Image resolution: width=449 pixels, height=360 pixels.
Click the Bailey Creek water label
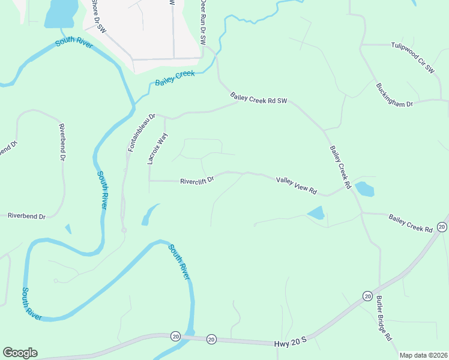pyautogui.click(x=175, y=79)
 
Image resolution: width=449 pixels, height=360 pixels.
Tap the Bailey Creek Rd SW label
pyautogui.click(x=259, y=99)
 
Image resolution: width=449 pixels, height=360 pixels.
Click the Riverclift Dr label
pyautogui.click(x=197, y=180)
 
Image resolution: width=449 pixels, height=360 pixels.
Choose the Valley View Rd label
pyautogui.click(x=296, y=185)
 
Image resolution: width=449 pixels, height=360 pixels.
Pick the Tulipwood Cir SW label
pyautogui.click(x=412, y=58)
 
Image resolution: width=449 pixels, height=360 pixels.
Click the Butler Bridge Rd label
pyautogui.click(x=384, y=318)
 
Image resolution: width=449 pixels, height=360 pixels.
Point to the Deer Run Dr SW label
pyautogui.click(x=203, y=23)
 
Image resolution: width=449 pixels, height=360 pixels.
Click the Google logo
pyautogui.click(x=20, y=353)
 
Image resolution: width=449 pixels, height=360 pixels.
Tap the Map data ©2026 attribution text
pyautogui.click(x=423, y=355)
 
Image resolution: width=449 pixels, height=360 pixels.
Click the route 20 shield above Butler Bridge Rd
pyautogui.click(x=367, y=296)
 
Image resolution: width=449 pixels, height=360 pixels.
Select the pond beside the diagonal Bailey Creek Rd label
pyautogui.click(x=364, y=190)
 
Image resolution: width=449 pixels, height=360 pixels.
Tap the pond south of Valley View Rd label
pyautogui.click(x=316, y=212)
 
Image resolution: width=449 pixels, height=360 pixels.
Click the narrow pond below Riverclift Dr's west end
pyautogui.click(x=149, y=214)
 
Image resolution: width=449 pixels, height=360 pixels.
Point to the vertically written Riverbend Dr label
pyautogui.click(x=61, y=143)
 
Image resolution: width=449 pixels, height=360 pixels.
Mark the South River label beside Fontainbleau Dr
pyautogui.click(x=103, y=190)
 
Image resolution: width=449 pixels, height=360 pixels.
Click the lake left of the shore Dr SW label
pyautogui.click(x=62, y=13)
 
